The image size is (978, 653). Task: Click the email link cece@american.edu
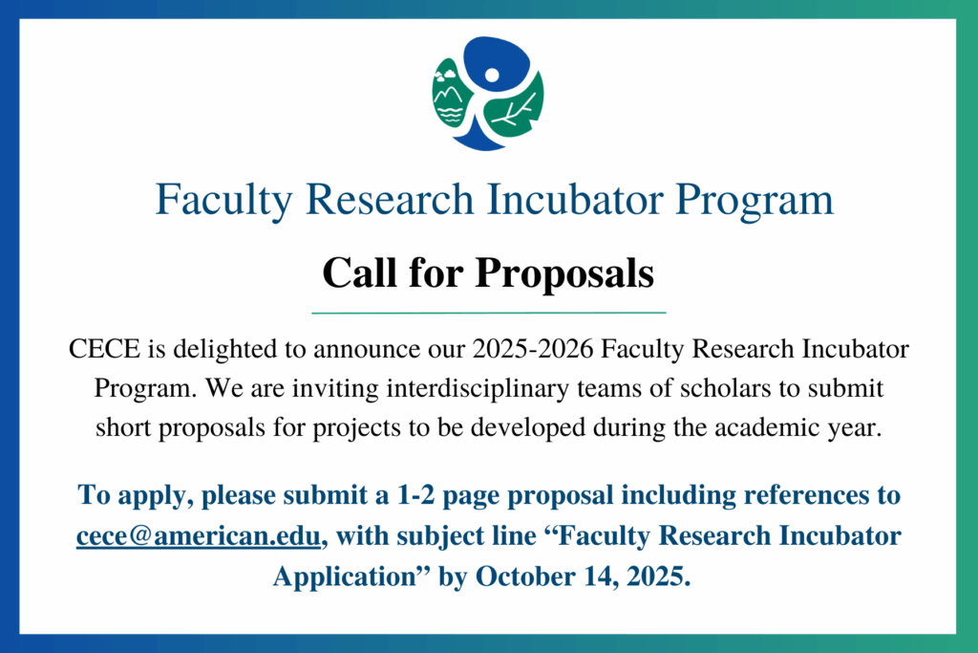click(x=199, y=535)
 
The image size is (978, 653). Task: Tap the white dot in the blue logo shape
click(x=492, y=75)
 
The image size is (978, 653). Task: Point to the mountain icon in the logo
click(x=449, y=97)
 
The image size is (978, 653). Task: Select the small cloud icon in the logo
click(x=445, y=76)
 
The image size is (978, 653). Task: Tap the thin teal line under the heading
click(x=489, y=312)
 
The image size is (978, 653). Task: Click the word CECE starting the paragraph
click(x=104, y=348)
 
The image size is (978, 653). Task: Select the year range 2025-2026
click(x=533, y=348)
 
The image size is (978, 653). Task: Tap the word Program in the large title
click(x=755, y=200)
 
